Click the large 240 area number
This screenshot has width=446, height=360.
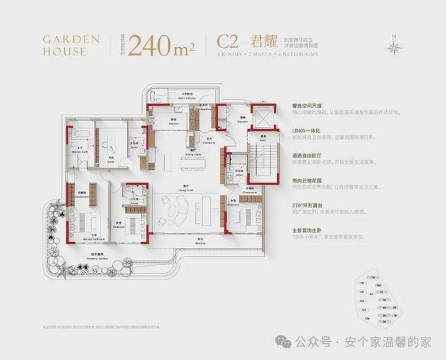pyautogui.click(x=162, y=45)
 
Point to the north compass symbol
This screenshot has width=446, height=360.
pyautogui.click(x=395, y=46)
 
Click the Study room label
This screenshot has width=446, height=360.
pyautogui.click(x=109, y=159)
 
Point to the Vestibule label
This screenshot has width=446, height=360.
pyautogui.click(x=209, y=143)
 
